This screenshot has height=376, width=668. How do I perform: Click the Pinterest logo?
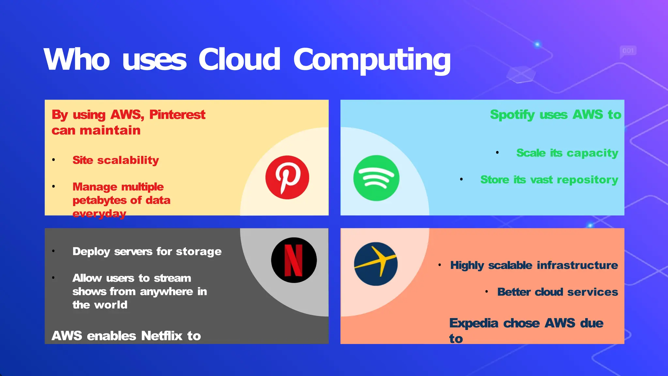[287, 177]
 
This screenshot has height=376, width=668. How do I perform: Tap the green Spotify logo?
[376, 178]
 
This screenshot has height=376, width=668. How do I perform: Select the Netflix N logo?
[294, 260]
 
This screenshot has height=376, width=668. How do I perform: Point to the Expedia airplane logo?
[376, 264]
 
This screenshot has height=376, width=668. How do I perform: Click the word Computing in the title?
[372, 60]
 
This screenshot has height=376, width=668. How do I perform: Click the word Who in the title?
[77, 60]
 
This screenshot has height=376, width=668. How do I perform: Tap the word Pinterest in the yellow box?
[177, 115]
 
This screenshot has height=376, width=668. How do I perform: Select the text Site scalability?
[115, 160]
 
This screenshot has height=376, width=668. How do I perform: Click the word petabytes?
[99, 200]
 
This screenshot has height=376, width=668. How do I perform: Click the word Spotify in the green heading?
[512, 115]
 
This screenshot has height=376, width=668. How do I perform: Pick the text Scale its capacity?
[567, 153]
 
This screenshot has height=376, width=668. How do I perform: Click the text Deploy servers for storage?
[147, 252]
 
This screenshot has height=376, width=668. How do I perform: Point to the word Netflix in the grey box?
[161, 336]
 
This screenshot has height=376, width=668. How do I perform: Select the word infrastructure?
[577, 265]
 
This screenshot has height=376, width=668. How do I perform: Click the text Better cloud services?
[557, 292]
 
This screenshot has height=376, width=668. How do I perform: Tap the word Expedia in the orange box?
[474, 323]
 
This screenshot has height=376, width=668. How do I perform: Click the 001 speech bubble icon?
[628, 51]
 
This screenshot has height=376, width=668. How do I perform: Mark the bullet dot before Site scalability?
[53, 160]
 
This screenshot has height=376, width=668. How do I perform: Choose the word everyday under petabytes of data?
[99, 213]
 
